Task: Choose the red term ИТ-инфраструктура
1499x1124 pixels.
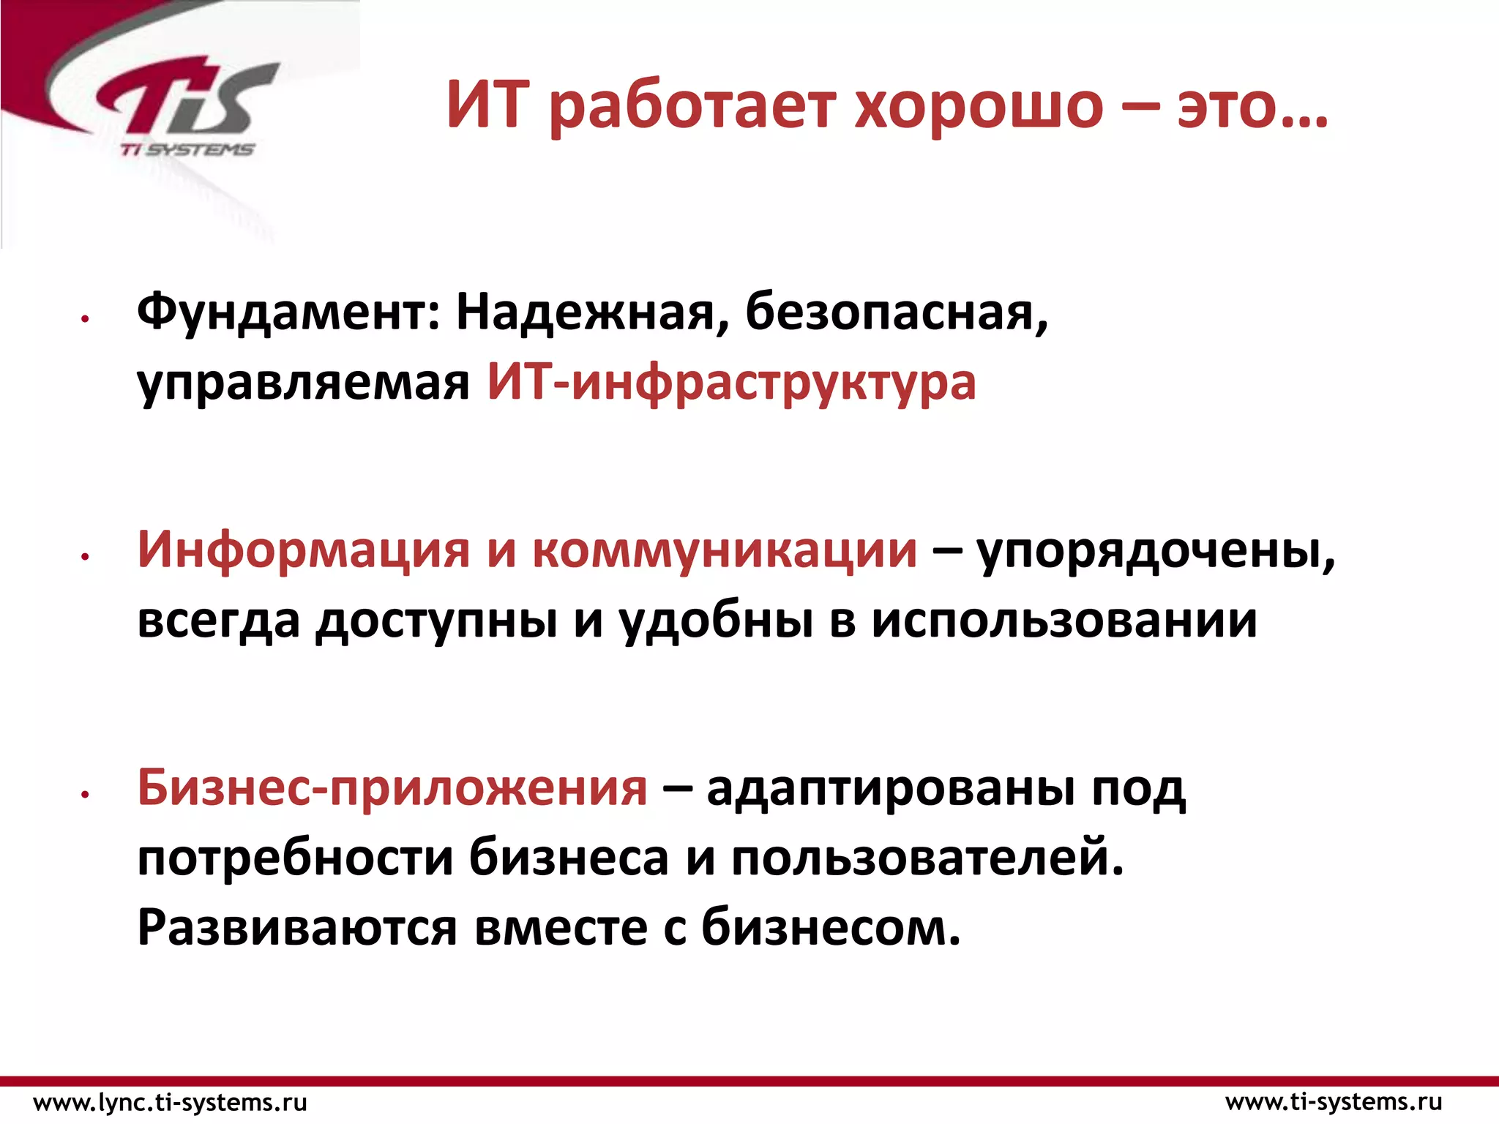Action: point(731,383)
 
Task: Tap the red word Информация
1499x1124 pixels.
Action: point(303,550)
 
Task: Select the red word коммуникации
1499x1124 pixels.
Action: point(724,550)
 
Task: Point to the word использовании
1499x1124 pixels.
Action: point(1063,621)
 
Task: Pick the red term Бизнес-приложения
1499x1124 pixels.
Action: point(392,789)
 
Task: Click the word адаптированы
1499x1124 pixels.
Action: point(891,789)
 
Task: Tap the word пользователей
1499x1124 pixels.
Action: point(927,858)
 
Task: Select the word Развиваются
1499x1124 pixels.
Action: point(297,928)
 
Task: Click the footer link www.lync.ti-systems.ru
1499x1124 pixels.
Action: point(171,1102)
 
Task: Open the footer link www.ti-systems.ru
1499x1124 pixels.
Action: point(1334,1102)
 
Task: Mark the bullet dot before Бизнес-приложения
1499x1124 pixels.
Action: point(86,794)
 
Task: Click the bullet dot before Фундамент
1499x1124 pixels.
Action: point(86,318)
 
